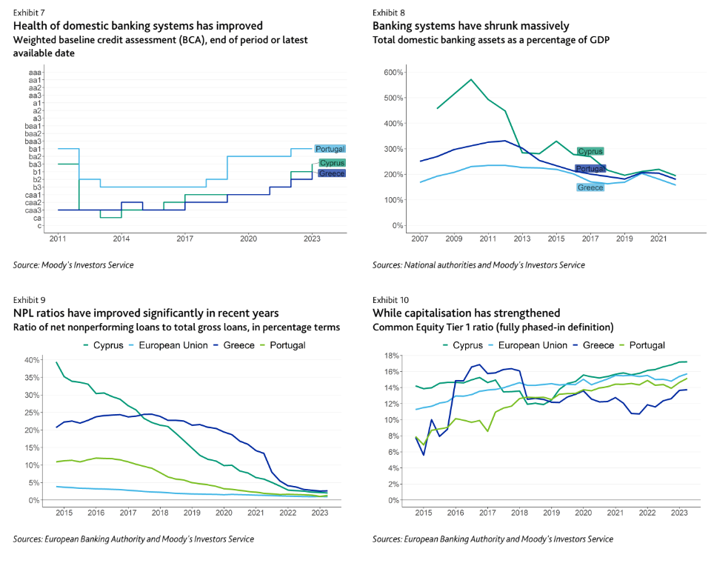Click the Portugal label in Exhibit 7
pos(330,149)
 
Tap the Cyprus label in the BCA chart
pos(332,163)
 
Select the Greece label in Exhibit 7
pos(331,173)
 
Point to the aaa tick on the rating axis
pos(35,73)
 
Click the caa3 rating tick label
pos(34,210)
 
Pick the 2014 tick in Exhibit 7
pos(121,239)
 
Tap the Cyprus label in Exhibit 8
pos(590,152)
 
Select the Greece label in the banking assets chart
pos(590,187)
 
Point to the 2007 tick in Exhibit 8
pos(420,239)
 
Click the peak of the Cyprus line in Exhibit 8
pos(470,79)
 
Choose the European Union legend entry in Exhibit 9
pos(176,345)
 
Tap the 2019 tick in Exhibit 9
pos(191,513)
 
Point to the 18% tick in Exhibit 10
pos(392,355)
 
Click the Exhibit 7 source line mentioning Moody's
pos(73,264)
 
